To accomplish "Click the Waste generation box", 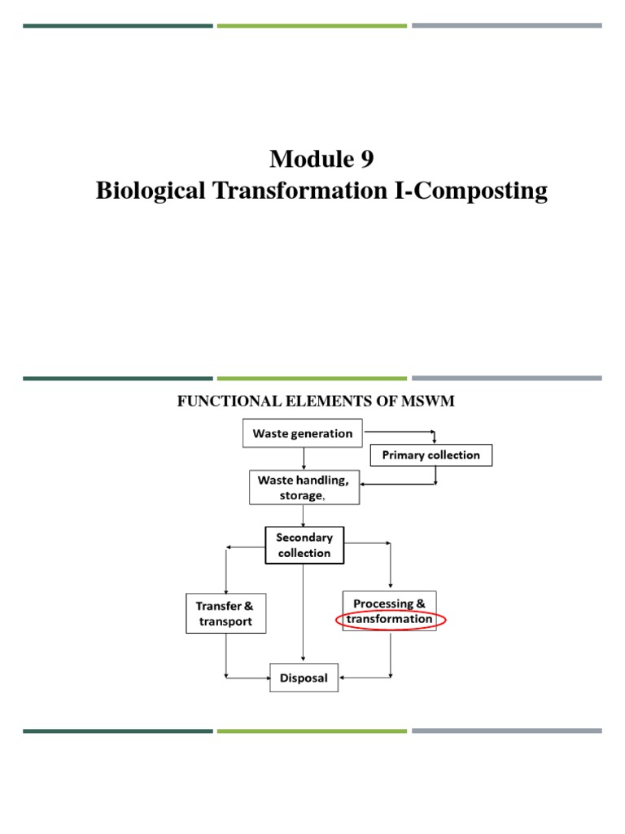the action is pyautogui.click(x=303, y=433).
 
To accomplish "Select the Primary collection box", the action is pyautogui.click(x=431, y=454).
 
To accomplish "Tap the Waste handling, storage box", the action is pyautogui.click(x=303, y=488).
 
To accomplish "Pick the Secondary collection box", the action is pyautogui.click(x=304, y=546).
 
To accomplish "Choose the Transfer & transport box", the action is pyautogui.click(x=224, y=613).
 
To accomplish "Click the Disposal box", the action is pyautogui.click(x=304, y=678).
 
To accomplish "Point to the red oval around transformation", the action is pyautogui.click(x=389, y=620).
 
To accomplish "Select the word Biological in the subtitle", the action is pyautogui.click(x=149, y=191).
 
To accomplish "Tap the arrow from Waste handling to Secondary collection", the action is pyautogui.click(x=304, y=515).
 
